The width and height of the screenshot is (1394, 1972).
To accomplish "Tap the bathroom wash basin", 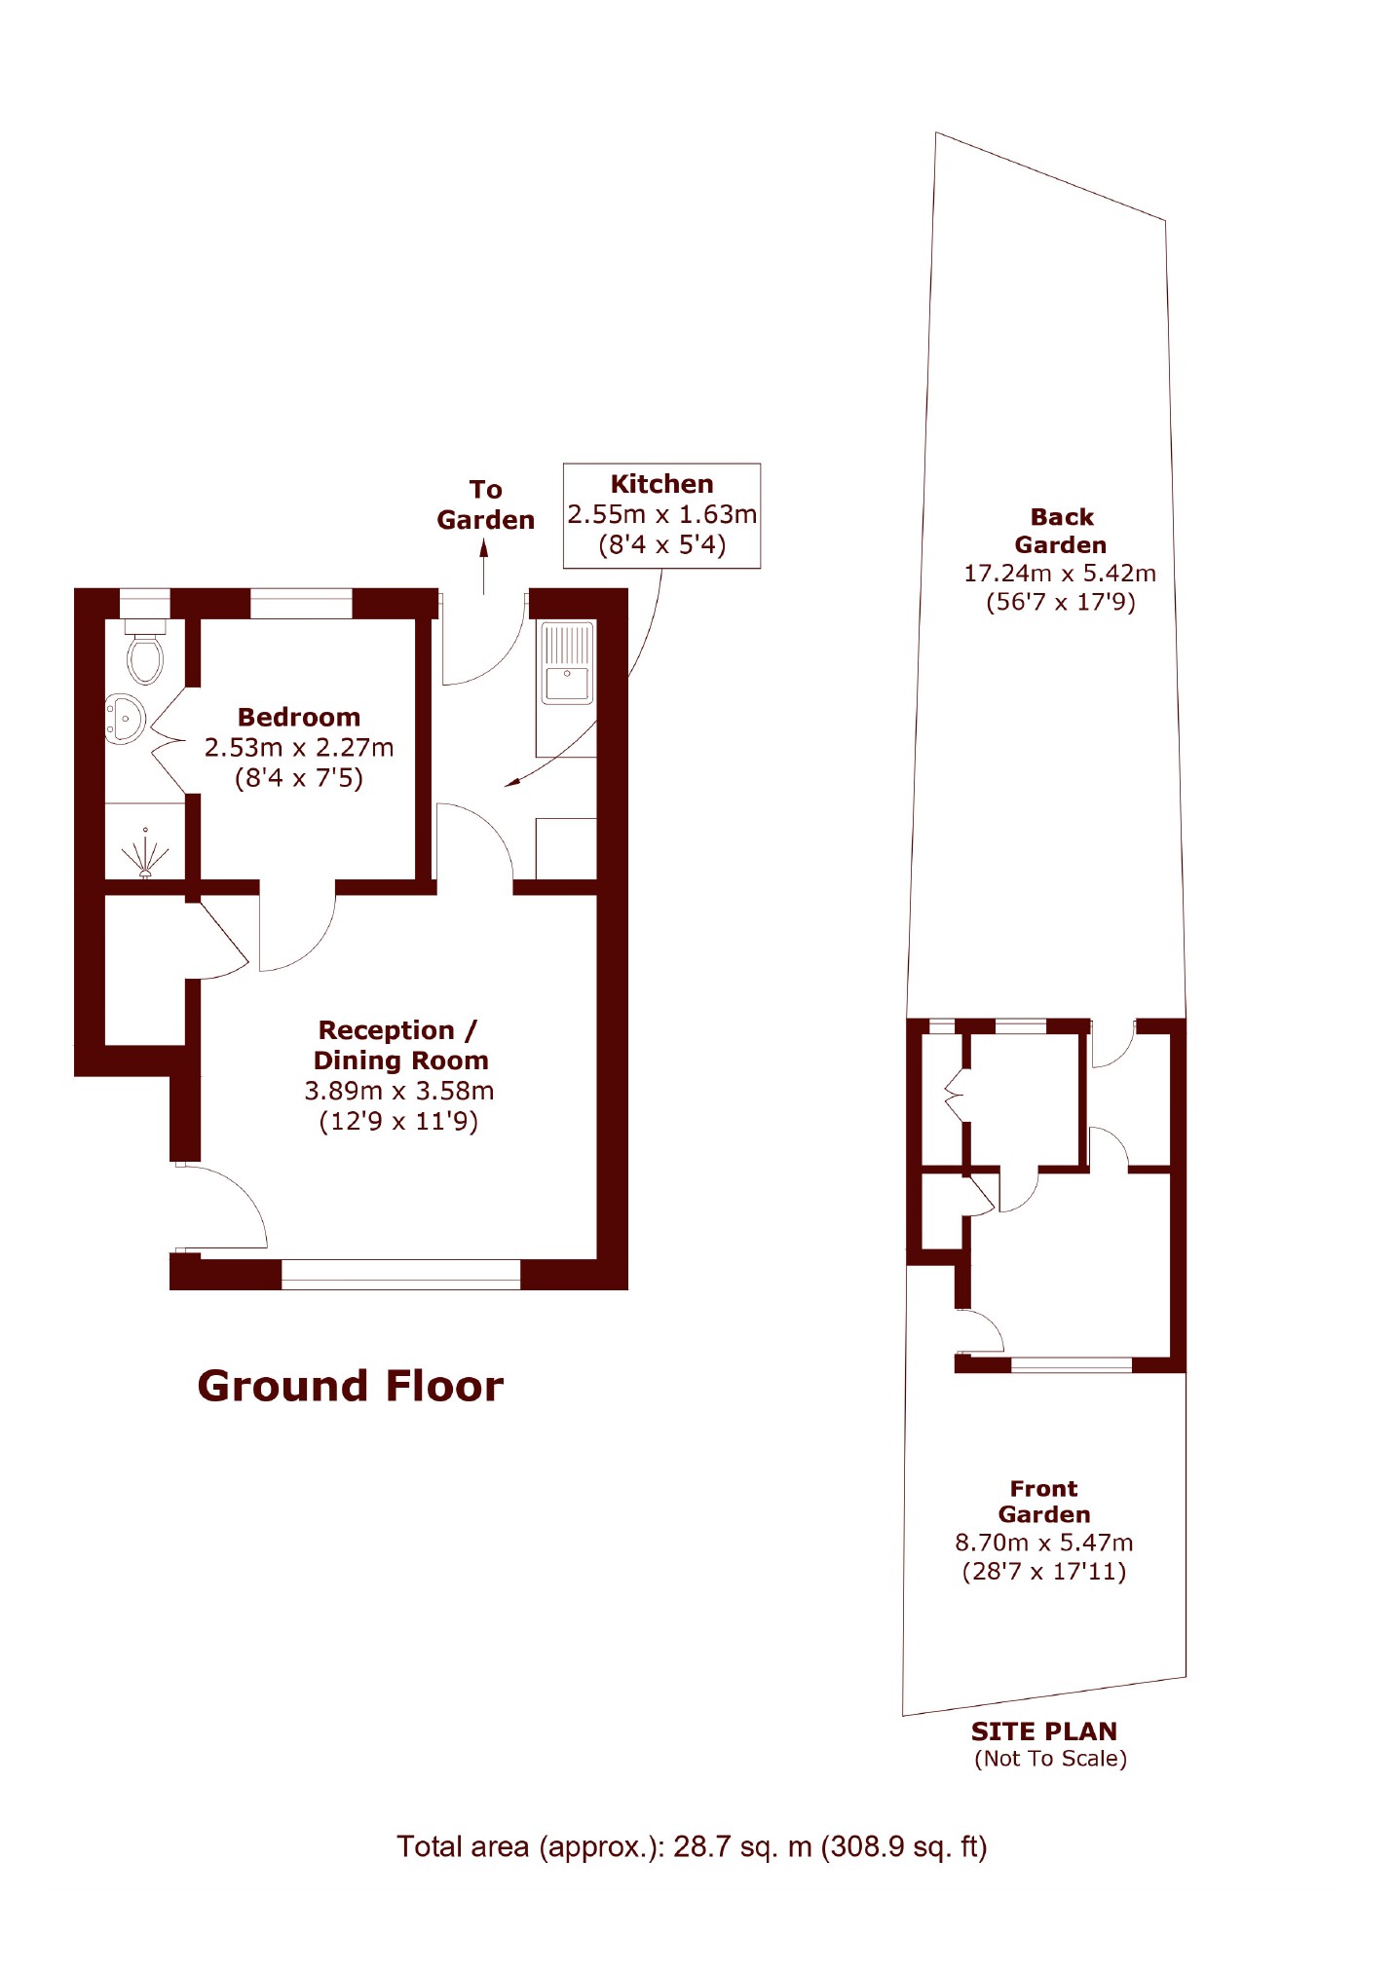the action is coord(124,720).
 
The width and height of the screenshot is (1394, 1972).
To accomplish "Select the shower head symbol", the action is coord(145,853).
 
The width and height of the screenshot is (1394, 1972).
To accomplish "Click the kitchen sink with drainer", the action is coord(567,662).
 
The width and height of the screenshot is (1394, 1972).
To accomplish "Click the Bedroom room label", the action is coord(299,717).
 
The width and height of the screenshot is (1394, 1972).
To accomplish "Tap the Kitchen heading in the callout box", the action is coord(661,484).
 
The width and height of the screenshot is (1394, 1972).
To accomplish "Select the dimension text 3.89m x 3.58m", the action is coord(399,1091).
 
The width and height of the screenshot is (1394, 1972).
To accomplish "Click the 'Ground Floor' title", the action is coord(351,1386).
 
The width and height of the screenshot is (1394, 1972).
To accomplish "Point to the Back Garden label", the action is coord(1061,531).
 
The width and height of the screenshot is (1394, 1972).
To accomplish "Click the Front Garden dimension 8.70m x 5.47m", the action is coord(1044,1543).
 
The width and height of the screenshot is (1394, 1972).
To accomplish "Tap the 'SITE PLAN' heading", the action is coord(1044,1731).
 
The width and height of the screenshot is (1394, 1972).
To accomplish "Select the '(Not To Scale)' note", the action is coord(1051,1759).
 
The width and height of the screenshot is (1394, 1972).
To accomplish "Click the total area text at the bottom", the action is coord(692,1847).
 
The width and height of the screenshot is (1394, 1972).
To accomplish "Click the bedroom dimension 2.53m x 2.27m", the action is coord(299,747).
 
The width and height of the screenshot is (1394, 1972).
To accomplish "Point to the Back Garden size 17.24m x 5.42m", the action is coord(1060,574).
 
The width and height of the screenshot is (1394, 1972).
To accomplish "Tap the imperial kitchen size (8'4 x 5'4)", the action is coord(662,544).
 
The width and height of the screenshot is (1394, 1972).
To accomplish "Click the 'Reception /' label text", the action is coord(397,1030).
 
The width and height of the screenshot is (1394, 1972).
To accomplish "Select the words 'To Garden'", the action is coord(486,504).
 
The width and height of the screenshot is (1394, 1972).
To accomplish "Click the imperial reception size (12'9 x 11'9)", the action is coord(399,1122).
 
